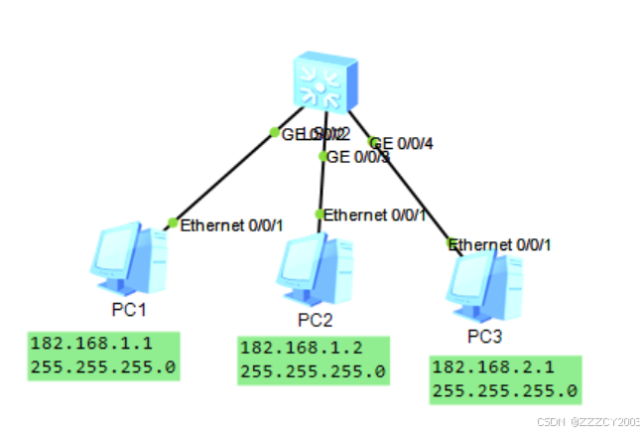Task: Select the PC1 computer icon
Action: tap(129, 260)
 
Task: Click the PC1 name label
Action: tap(129, 310)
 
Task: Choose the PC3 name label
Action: tap(485, 335)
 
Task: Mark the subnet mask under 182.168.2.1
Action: tap(504, 390)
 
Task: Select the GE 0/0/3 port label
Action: tap(358, 156)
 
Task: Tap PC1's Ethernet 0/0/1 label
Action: tap(231, 225)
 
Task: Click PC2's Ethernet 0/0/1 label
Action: tap(375, 215)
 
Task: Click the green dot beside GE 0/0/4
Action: tap(373, 142)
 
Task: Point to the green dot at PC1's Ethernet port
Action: tap(173, 223)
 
